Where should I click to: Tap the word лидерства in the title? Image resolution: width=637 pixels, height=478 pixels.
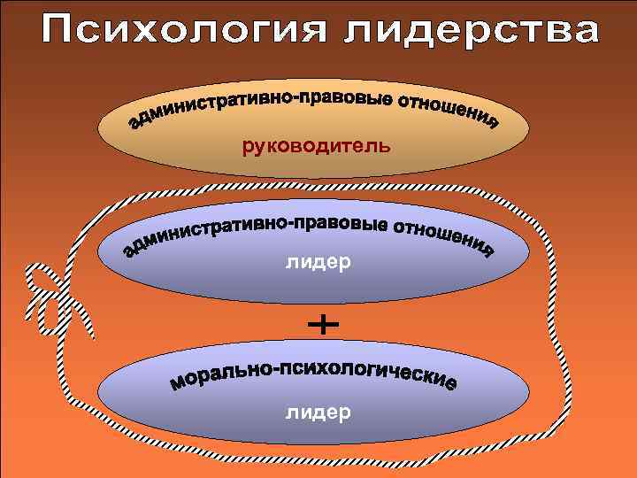470,34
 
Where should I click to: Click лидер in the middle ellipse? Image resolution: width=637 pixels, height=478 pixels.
318,262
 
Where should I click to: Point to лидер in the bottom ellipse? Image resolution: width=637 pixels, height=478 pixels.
318,412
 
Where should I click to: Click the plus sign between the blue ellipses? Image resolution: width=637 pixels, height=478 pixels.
323,327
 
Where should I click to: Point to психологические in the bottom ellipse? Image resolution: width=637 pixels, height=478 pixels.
367,372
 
